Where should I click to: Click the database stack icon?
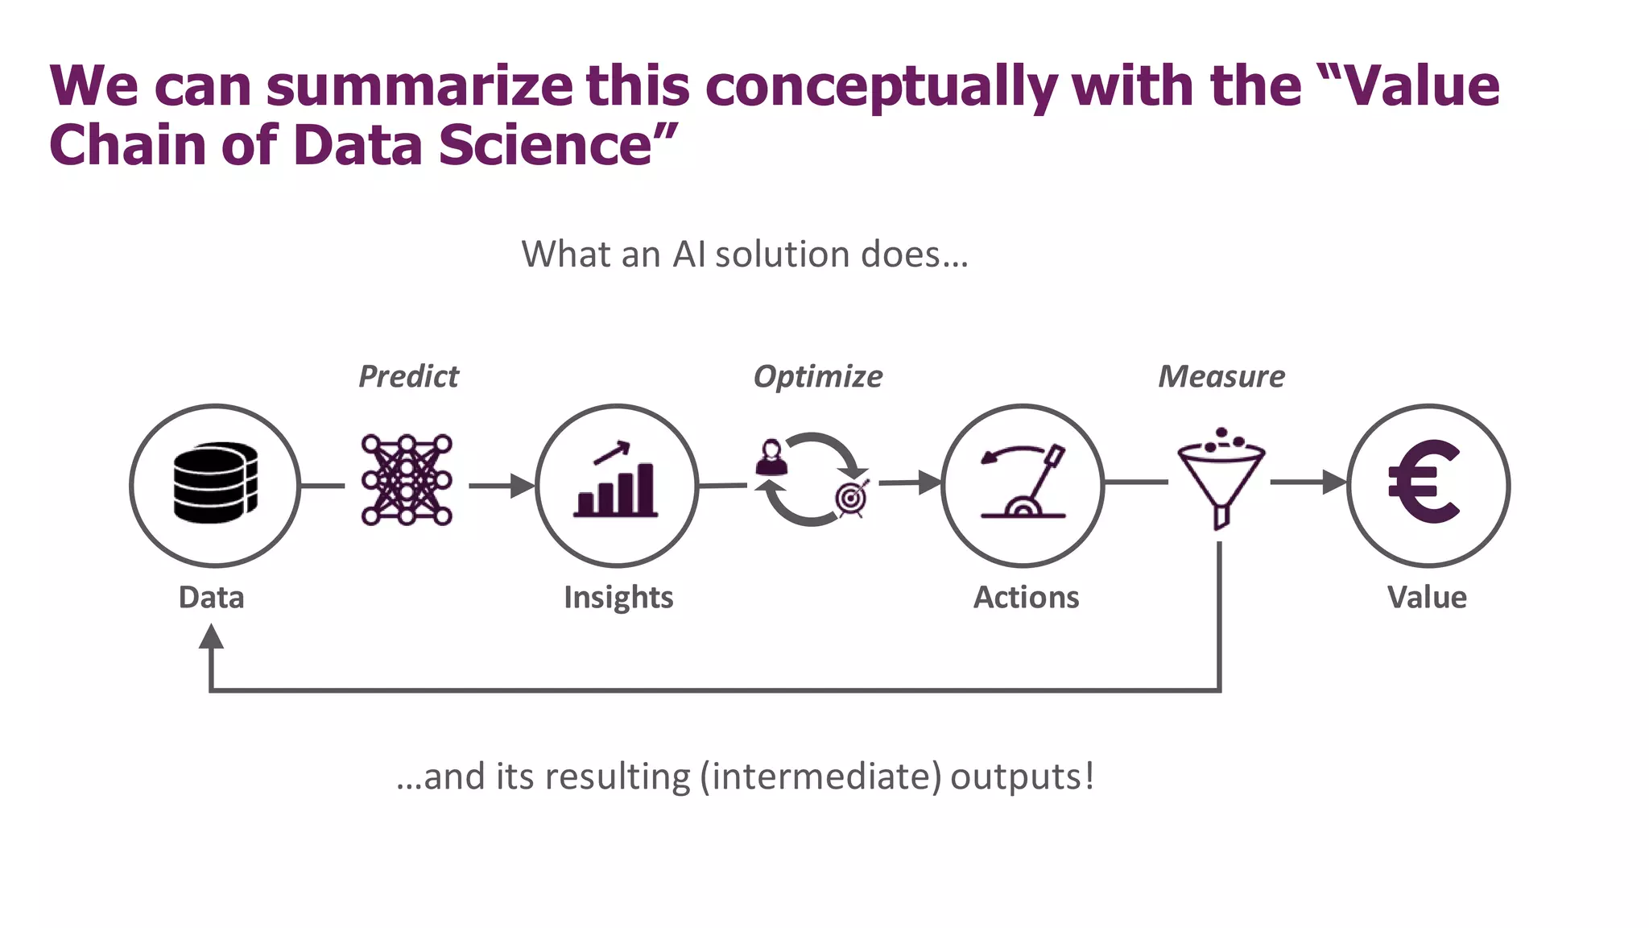coord(215,483)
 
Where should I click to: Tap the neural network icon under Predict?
coord(407,480)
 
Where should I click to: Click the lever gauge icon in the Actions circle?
coord(1023,482)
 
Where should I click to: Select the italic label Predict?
coord(408,376)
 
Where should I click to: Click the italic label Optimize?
coord(817,376)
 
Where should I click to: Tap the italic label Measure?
coord(1221,376)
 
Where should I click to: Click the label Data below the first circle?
coord(211,598)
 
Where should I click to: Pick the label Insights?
coord(618,598)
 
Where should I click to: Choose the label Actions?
coord(1026,598)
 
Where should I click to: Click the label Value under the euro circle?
coord(1427,598)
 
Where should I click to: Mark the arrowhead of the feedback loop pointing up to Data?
coord(211,637)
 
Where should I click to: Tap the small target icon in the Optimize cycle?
coord(852,499)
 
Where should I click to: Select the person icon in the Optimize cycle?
coord(771,458)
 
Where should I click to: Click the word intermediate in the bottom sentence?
coord(820,777)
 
